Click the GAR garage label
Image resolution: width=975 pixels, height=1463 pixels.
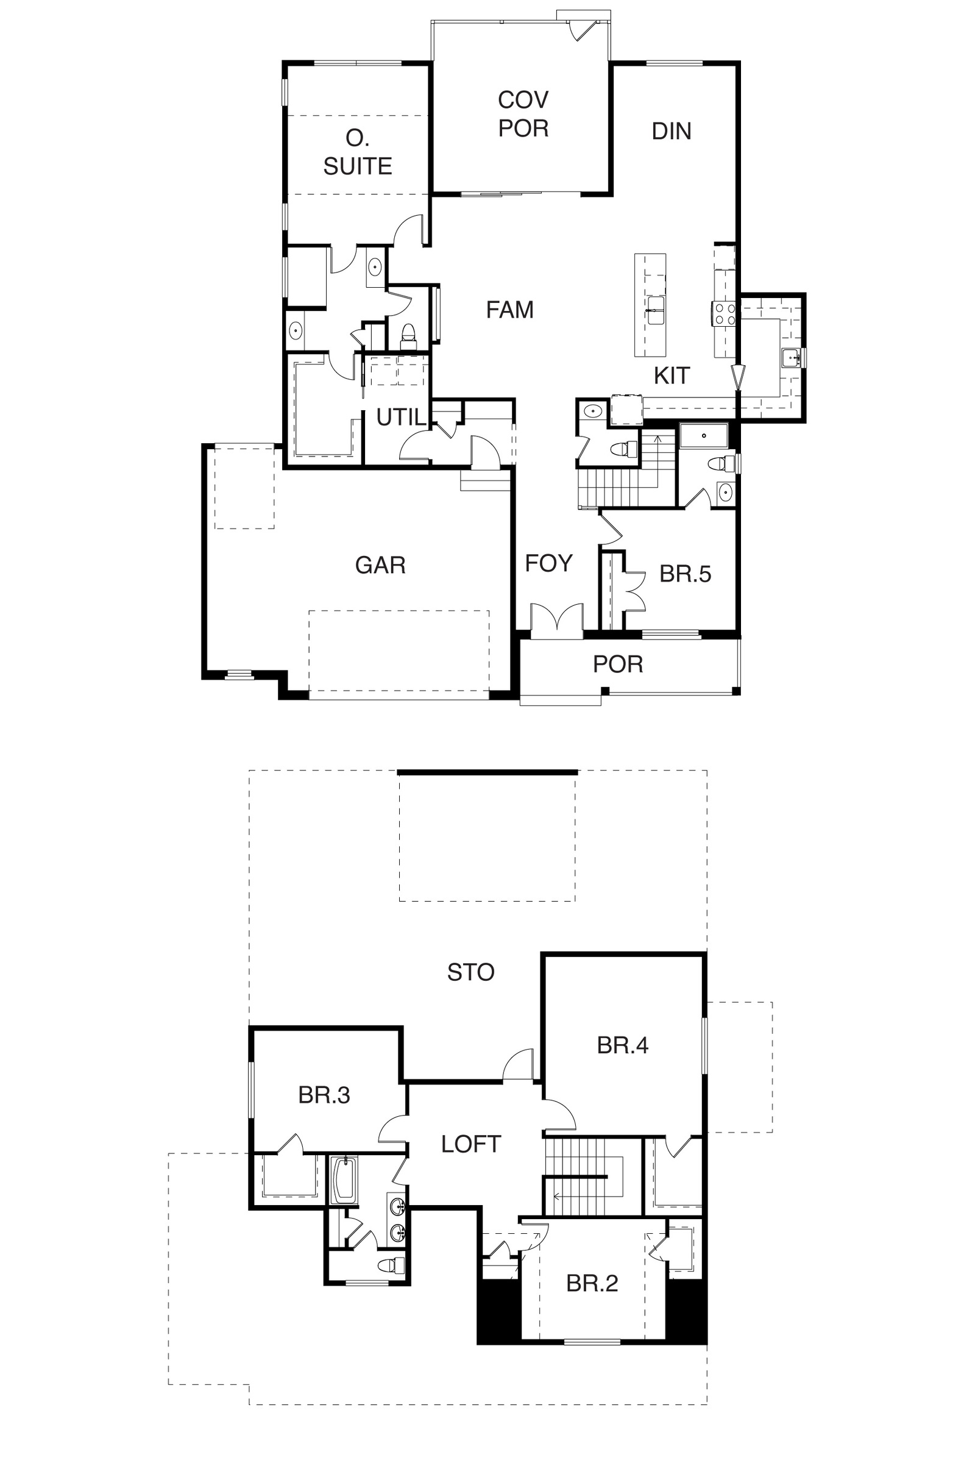(380, 565)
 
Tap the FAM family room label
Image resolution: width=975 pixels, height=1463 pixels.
(510, 309)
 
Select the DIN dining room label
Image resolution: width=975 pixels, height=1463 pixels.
(672, 130)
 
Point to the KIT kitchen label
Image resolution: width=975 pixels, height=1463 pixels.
(672, 375)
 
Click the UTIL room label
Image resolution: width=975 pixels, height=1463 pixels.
(401, 417)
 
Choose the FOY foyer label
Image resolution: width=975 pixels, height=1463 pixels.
(548, 563)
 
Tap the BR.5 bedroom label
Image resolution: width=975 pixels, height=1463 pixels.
(685, 574)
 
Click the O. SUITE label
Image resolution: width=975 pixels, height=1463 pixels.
(358, 152)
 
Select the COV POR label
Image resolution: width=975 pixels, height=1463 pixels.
(523, 114)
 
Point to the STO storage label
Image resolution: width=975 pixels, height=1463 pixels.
(470, 972)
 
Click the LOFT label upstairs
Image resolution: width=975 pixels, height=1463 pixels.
(470, 1144)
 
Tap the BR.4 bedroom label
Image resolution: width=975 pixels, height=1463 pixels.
(622, 1045)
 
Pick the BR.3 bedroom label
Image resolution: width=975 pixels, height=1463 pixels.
(324, 1095)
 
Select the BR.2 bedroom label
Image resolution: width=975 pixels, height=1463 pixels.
(592, 1283)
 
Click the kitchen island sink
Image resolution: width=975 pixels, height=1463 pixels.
(656, 310)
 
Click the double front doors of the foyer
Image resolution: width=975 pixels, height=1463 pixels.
(557, 619)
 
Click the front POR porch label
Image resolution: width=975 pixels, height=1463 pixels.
(617, 664)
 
